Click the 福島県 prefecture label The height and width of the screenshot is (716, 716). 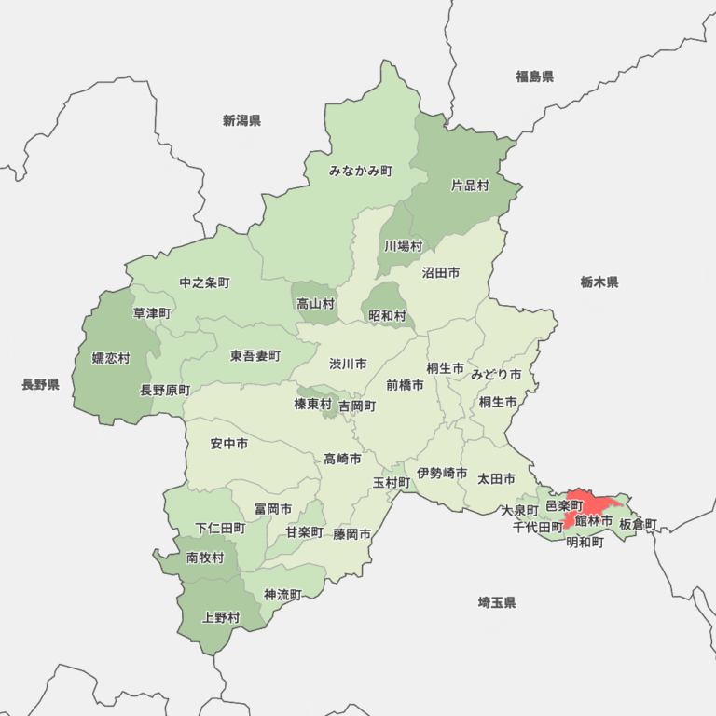[534, 76]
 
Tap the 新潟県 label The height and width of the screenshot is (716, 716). [241, 120]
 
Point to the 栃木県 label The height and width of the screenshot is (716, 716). [599, 282]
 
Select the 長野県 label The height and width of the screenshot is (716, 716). [40, 384]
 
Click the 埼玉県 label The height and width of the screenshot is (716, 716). [496, 602]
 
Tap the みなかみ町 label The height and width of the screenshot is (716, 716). [361, 171]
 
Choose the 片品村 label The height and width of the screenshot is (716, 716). [470, 186]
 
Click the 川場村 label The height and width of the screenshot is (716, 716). [403, 246]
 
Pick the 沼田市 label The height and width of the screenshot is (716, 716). [440, 273]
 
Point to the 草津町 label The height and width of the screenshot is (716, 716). [152, 313]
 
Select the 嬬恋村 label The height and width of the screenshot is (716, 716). [111, 358]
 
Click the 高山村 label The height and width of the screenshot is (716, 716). [315, 303]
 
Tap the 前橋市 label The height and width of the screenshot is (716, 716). [405, 384]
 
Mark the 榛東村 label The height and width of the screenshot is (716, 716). [312, 404]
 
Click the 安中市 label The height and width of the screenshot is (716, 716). [228, 444]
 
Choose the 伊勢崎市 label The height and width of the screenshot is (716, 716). [442, 474]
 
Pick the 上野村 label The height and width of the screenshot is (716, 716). [221, 617]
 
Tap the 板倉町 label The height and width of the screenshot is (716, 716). [638, 524]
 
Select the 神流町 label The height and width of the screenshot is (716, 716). [282, 594]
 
